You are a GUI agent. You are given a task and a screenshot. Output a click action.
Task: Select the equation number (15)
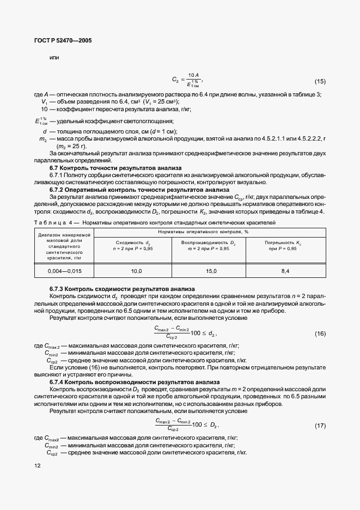point(320,81)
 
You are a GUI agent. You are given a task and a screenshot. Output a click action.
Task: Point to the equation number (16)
point(320,333)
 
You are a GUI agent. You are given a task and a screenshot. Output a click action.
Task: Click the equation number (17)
point(320,424)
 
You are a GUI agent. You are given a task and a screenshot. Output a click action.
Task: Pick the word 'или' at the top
point(54,57)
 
